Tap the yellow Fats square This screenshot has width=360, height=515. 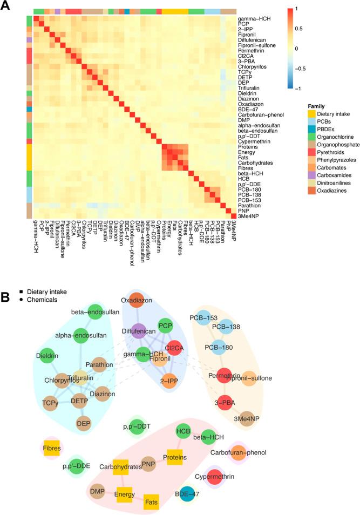coord(151,502)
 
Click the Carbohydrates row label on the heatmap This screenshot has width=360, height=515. coord(255,161)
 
